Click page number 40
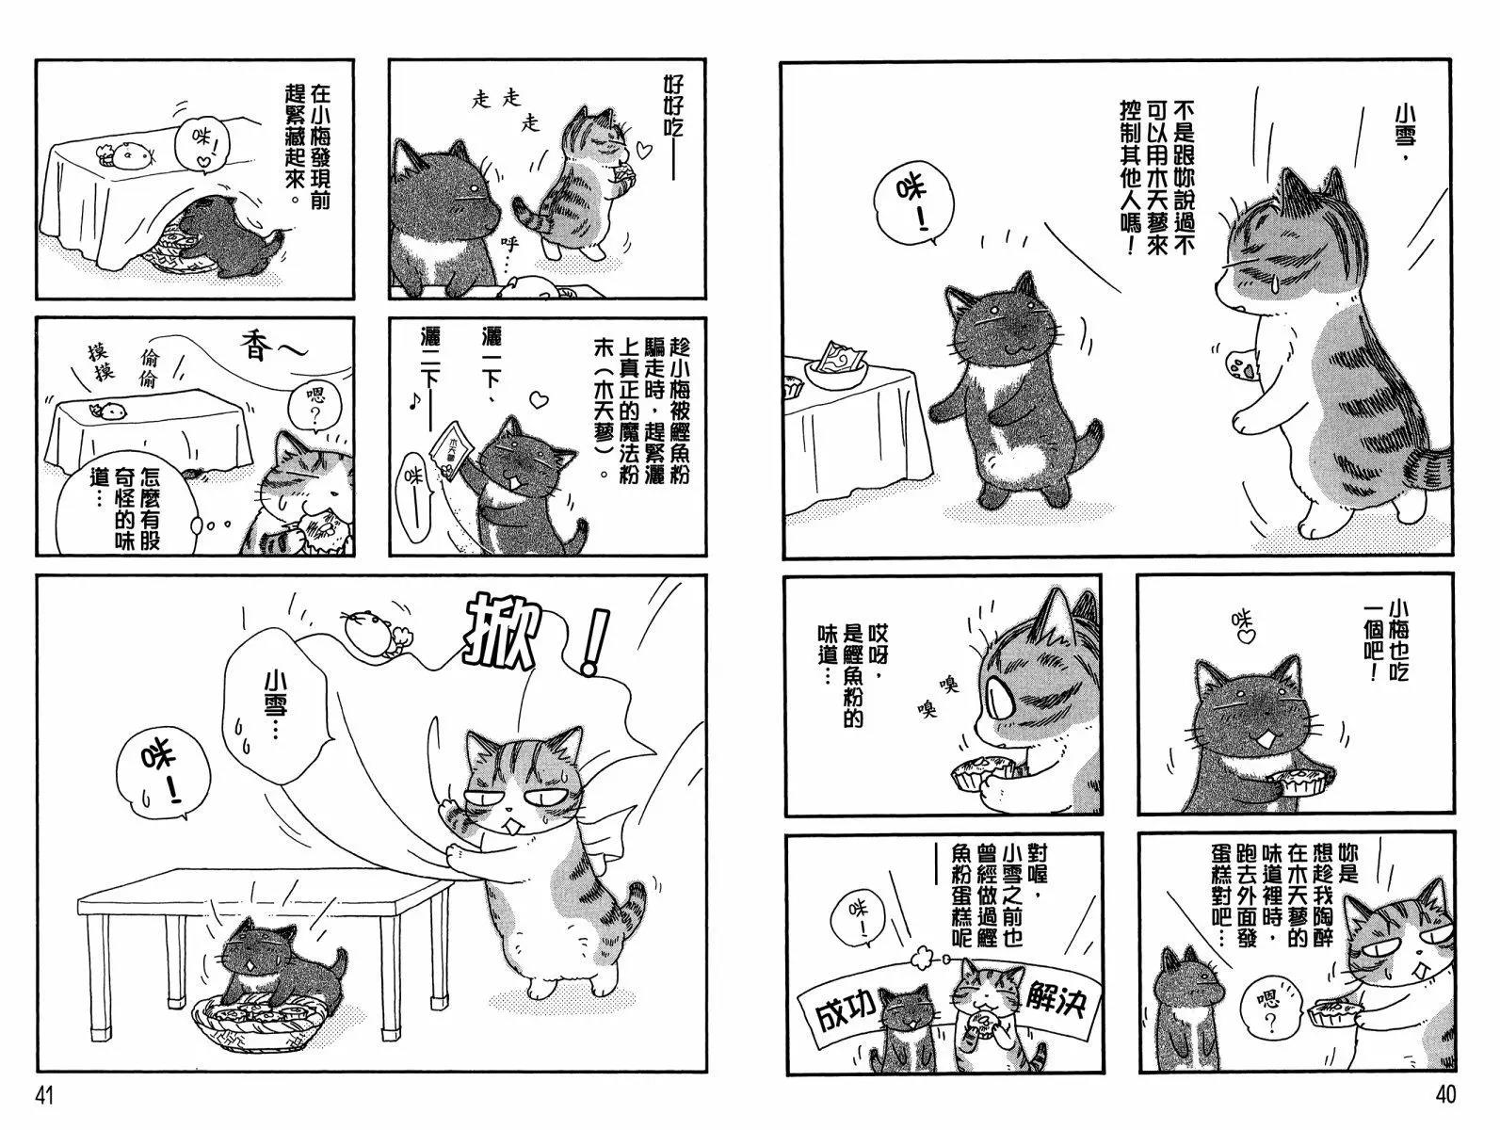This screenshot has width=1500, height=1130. point(1445,1095)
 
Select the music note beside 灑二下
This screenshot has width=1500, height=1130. point(412,404)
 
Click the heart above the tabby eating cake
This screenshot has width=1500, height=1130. point(641,146)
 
